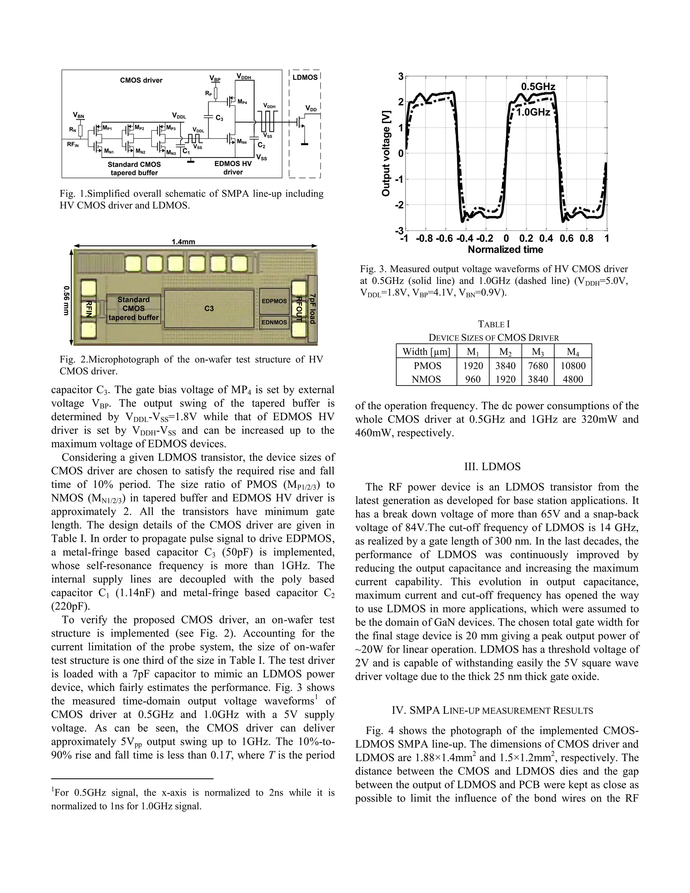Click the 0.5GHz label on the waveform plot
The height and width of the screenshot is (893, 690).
[x=538, y=87]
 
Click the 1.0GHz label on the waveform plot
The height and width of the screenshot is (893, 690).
[x=533, y=112]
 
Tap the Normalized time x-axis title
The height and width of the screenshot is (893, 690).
[x=505, y=249]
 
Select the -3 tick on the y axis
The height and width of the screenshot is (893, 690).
[x=400, y=230]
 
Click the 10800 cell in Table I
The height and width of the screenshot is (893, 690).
[x=573, y=366]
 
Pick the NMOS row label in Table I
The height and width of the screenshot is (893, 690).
[x=426, y=379]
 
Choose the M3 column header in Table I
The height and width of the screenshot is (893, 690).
[x=537, y=351]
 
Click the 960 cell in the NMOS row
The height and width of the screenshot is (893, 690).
[x=473, y=379]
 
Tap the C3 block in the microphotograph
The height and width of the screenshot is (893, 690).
[x=209, y=308]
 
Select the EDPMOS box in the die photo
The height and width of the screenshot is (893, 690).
[x=274, y=301]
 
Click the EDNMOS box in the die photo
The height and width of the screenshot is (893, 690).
[x=274, y=322]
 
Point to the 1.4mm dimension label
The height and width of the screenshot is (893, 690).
[x=183, y=242]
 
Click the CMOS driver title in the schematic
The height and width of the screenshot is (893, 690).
[x=141, y=80]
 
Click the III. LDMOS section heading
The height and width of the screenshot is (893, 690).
[x=492, y=467]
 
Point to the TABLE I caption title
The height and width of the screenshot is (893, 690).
[x=494, y=324]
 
